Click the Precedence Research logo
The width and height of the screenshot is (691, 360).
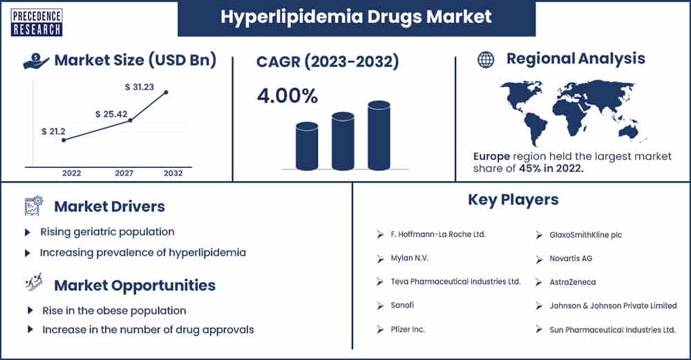[37, 23]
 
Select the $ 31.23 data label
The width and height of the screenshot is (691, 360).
[140, 87]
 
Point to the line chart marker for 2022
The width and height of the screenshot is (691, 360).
[64, 140]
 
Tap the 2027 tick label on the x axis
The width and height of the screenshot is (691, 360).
[124, 173]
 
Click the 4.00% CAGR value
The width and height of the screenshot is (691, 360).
[287, 96]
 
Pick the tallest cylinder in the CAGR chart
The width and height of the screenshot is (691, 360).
[379, 135]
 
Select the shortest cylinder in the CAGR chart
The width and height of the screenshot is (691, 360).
[307, 146]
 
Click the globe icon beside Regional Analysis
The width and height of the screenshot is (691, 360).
[486, 59]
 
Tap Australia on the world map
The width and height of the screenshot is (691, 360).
[631, 131]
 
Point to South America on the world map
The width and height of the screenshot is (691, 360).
[534, 128]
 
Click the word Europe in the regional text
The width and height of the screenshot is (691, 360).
[491, 156]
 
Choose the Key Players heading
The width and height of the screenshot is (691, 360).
[513, 200]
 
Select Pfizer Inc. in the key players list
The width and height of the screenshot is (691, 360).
[408, 329]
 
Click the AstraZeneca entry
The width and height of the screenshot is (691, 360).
[572, 282]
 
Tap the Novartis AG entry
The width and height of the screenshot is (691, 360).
[571, 258]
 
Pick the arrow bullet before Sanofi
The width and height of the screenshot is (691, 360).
[380, 305]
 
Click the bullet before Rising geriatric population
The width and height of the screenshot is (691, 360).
[28, 232]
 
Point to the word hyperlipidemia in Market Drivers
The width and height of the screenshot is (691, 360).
[207, 253]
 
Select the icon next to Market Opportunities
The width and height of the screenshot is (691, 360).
[35, 282]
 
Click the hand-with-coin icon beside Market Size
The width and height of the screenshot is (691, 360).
[35, 61]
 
